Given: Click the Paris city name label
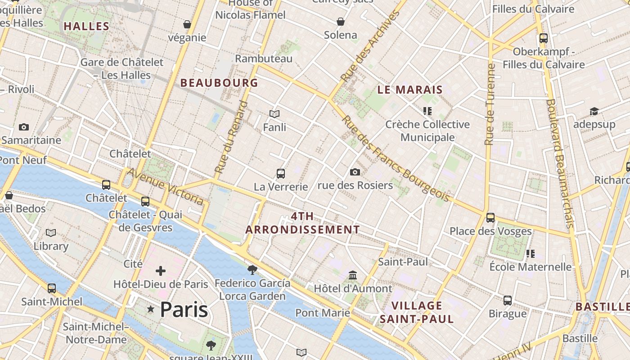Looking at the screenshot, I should click(184, 310).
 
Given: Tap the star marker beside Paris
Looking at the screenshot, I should click(151, 309).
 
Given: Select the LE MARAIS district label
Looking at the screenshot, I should click(410, 90).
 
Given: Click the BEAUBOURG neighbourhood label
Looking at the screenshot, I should click(219, 83).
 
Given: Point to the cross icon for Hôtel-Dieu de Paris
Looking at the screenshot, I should click(161, 271).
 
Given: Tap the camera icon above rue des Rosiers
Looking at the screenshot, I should click(355, 172).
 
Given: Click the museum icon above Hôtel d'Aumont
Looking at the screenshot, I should click(353, 275).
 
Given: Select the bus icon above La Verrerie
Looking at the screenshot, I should click(281, 173).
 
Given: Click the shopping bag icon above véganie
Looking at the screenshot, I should click(187, 24).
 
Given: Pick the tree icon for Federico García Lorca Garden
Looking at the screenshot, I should click(252, 270).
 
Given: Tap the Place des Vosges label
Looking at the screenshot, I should click(490, 231).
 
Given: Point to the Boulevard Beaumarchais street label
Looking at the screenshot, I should click(559, 163).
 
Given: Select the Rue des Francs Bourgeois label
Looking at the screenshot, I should click(396, 158).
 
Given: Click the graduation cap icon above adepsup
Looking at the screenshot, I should click(594, 111).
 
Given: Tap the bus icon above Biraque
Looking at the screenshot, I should click(508, 300).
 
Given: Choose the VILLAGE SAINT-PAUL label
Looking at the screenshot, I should click(417, 312).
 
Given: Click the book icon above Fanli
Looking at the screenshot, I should click(274, 114).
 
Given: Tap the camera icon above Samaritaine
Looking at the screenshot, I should click(24, 127).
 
